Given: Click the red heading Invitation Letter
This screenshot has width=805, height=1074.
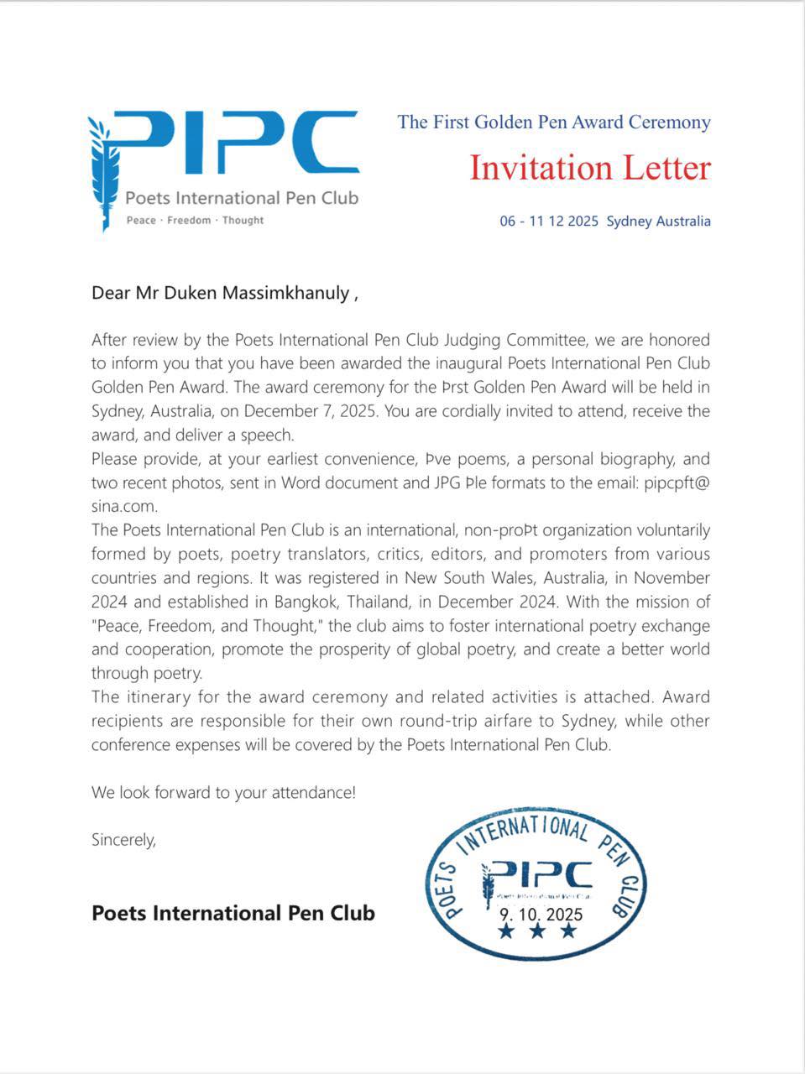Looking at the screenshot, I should tap(589, 168).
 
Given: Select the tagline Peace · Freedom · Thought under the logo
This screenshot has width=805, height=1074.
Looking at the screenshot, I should tap(195, 221).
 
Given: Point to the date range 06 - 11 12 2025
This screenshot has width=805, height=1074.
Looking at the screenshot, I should tap(549, 222).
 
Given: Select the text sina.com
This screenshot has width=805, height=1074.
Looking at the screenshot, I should tap(124, 507).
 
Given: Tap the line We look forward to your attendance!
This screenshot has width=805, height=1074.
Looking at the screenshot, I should tap(223, 792).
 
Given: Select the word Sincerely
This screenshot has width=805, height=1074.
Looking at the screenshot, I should tap(123, 840).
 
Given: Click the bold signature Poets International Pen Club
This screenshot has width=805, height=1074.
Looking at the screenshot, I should tap(233, 913).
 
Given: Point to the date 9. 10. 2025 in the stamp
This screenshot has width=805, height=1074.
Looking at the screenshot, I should tap(541, 915).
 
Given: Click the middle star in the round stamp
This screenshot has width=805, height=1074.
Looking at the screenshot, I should tap(538, 931).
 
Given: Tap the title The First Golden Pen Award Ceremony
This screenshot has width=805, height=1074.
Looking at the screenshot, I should tap(554, 123).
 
